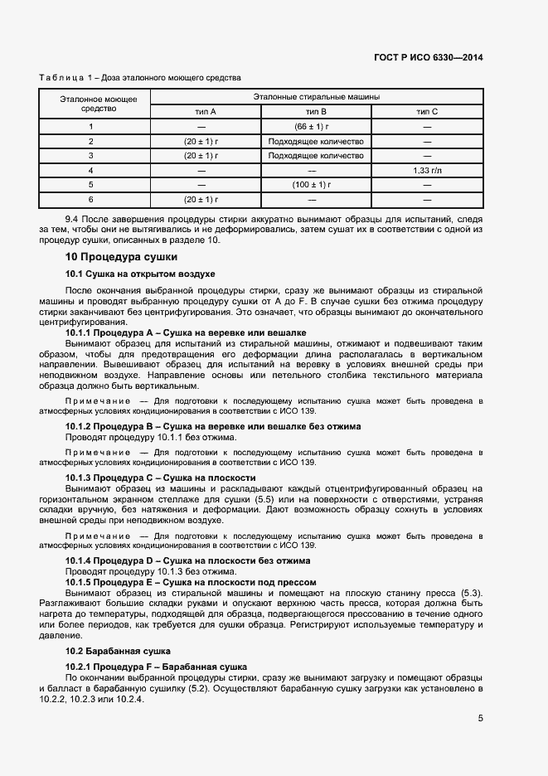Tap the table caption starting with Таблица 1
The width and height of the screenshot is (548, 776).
139,78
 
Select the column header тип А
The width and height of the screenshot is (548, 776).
201,111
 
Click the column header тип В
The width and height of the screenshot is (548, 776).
316,111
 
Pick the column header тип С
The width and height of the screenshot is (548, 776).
426,111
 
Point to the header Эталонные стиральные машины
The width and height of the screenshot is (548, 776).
316,96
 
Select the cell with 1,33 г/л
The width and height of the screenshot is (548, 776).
426,170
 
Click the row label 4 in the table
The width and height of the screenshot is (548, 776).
91,170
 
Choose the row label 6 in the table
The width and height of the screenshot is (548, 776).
91,199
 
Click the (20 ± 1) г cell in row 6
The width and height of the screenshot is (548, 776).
201,199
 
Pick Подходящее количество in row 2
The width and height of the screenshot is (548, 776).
316,141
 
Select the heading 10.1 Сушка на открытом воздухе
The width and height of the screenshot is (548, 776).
140,274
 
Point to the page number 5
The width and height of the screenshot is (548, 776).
480,719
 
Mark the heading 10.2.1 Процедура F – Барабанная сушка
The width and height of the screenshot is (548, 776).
156,667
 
